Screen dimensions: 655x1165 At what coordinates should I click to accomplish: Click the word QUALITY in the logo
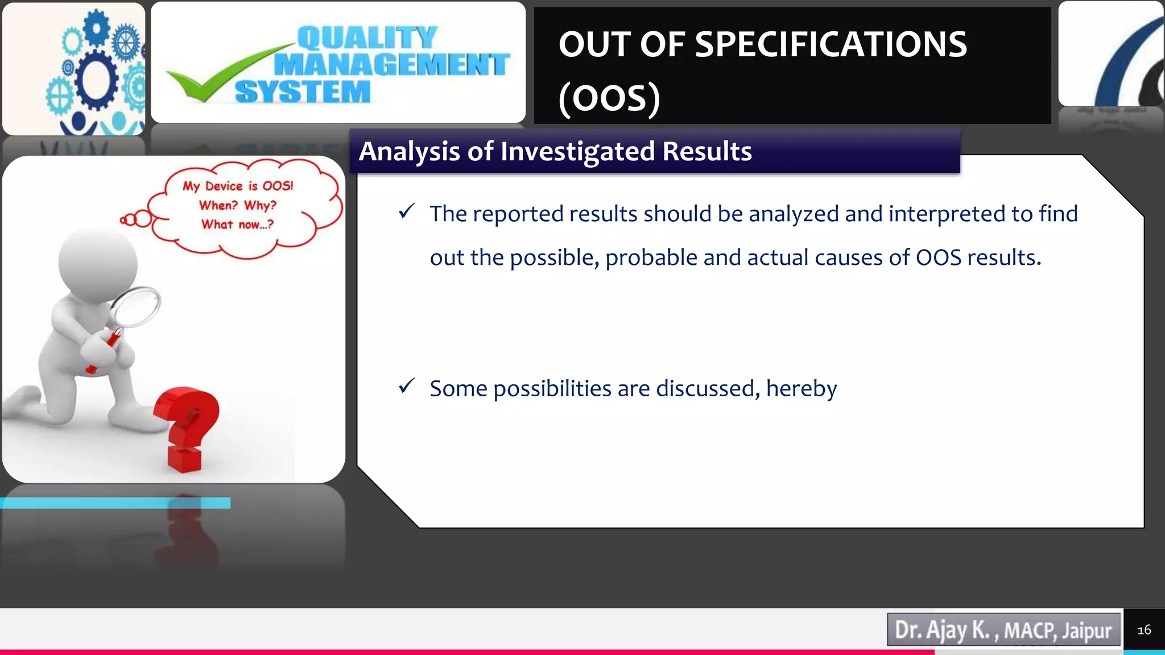(367, 38)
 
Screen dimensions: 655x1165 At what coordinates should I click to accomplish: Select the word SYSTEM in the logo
(302, 92)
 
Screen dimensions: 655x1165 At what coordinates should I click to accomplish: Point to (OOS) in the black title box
(609, 98)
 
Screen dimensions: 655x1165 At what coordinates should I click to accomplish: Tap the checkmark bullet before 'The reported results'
(406, 212)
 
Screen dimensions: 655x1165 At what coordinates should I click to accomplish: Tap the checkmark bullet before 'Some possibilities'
(406, 386)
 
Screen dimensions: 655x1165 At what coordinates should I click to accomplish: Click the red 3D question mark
(188, 426)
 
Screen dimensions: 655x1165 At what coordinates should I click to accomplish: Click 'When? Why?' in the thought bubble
(237, 205)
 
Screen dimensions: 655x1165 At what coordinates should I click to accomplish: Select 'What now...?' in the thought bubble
(237, 225)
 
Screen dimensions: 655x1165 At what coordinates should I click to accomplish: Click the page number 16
(1143, 630)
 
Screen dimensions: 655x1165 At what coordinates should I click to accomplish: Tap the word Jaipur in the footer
(1086, 630)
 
